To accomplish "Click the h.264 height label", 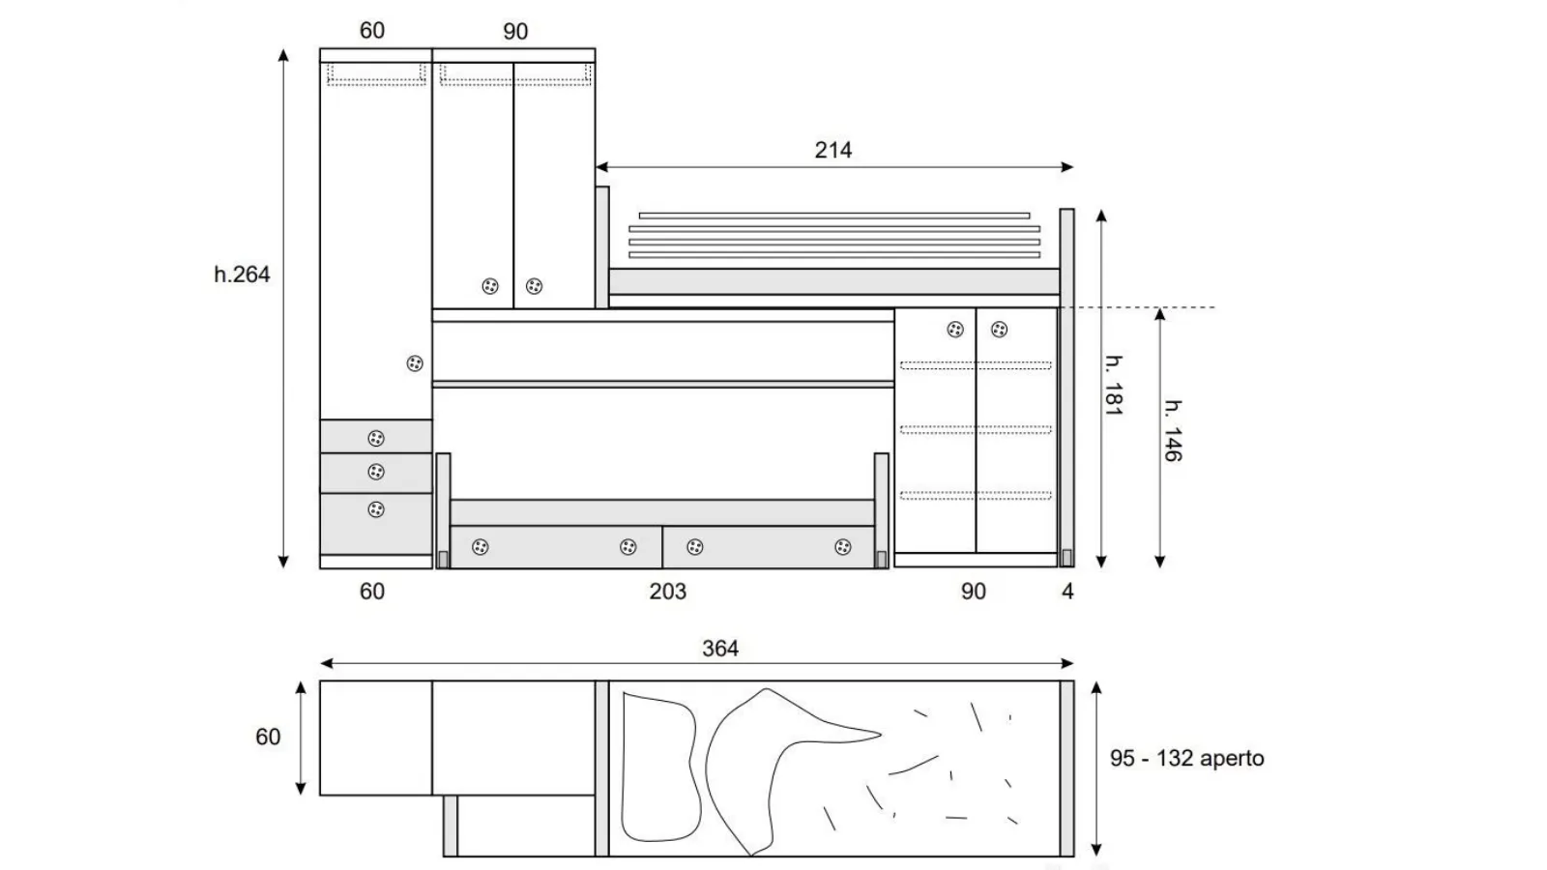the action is (x=242, y=275).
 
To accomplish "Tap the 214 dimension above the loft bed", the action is (x=832, y=150).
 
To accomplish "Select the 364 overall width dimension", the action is (x=720, y=649).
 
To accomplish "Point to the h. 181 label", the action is (x=1114, y=386).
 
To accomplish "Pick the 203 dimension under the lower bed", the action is (x=668, y=592).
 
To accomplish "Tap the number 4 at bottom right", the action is (x=1067, y=592).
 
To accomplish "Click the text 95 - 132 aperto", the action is (x=1186, y=758).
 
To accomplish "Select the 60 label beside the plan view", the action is (x=268, y=737).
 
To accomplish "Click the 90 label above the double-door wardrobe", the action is (x=515, y=32).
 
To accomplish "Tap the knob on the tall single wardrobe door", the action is (x=415, y=363).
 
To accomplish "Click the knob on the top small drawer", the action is (x=376, y=439).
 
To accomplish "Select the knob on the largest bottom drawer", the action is (x=376, y=509).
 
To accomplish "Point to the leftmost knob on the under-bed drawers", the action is (x=480, y=547).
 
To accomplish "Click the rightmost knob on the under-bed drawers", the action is (x=842, y=547).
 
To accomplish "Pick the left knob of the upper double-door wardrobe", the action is (x=489, y=286).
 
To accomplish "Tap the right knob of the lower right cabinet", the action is (x=999, y=330).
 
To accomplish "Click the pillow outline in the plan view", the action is (x=660, y=768).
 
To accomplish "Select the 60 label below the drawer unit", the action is (x=371, y=592).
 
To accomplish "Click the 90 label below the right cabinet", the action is (x=973, y=592).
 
